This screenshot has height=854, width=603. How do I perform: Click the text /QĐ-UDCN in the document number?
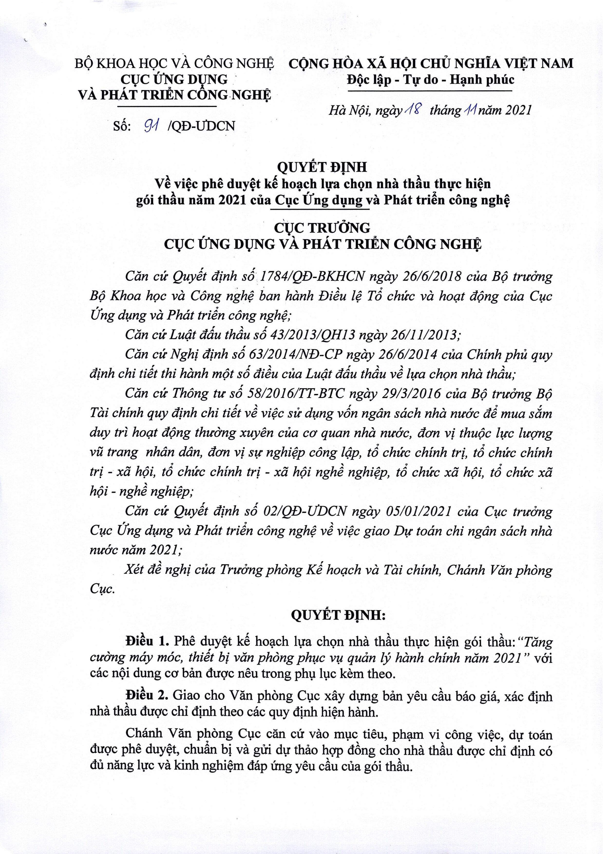pos(202,126)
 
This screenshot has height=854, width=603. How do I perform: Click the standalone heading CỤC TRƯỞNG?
pos(322,227)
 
